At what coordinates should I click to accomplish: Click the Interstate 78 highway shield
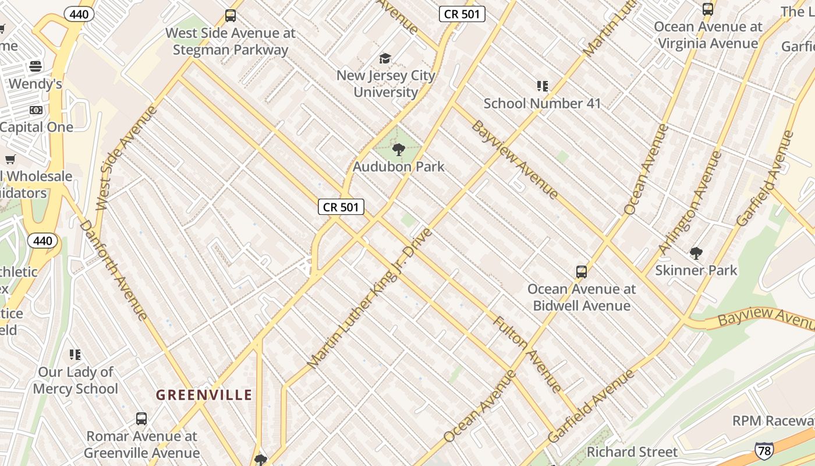pos(764,450)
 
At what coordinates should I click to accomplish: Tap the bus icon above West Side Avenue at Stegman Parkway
pos(231,16)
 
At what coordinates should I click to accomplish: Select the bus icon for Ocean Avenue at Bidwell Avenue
pos(581,271)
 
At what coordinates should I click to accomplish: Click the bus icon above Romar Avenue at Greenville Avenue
pos(141,418)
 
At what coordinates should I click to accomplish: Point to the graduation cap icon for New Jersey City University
pos(385,58)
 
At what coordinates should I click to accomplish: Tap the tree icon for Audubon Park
pos(399,150)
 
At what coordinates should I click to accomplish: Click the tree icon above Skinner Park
pos(696,253)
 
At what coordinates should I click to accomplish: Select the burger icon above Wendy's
pos(36,66)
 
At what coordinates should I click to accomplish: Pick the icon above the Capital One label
pos(36,110)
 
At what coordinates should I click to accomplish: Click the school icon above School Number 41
pos(543,86)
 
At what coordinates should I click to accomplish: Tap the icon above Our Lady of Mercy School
pos(75,354)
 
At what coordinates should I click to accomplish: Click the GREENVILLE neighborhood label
pos(204,395)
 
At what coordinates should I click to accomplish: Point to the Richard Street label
pos(632,452)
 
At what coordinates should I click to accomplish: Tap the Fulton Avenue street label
pos(527,354)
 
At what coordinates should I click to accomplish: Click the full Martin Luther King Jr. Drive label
pos(370,298)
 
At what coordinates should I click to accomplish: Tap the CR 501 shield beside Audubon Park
pos(341,207)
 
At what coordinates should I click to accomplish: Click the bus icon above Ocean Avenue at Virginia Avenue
pos(708,9)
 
